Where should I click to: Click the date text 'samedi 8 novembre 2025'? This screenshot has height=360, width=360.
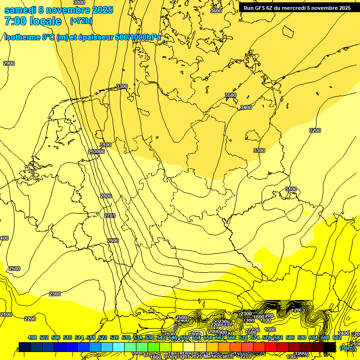pyautogui.click(x=59, y=10)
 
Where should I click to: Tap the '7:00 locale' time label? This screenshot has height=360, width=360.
pyautogui.click(x=33, y=21)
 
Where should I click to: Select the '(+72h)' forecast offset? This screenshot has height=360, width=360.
pyautogui.click(x=81, y=21)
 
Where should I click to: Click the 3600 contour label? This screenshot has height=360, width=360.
pyautogui.click(x=216, y=11)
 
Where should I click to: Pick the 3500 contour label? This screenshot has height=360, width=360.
pyautogui.click(x=231, y=95)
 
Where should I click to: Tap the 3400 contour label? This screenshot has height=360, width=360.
pyautogui.click(x=246, y=107)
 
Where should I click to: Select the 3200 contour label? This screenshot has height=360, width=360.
pyautogui.click(x=315, y=130)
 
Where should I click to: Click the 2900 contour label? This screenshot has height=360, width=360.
pyautogui.click(x=8, y=63)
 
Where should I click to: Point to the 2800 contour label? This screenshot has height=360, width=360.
pyautogui.click(x=106, y=196)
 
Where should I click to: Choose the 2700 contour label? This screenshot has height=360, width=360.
pyautogui.click(x=109, y=216)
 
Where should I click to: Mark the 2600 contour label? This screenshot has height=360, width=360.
pyautogui.click(x=113, y=240)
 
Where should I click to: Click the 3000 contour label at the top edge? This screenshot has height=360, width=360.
pyautogui.click(x=79, y=2)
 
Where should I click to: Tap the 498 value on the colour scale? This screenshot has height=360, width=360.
pyautogui.click(x=32, y=337)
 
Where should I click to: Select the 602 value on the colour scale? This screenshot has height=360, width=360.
pyautogui.click(x=337, y=337)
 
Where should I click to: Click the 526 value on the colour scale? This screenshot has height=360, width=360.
pyautogui.click(x=114, y=337)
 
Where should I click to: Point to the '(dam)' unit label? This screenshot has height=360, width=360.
pyautogui.click(x=347, y=348)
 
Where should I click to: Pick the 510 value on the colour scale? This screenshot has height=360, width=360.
pyautogui.click(x=67, y=337)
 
